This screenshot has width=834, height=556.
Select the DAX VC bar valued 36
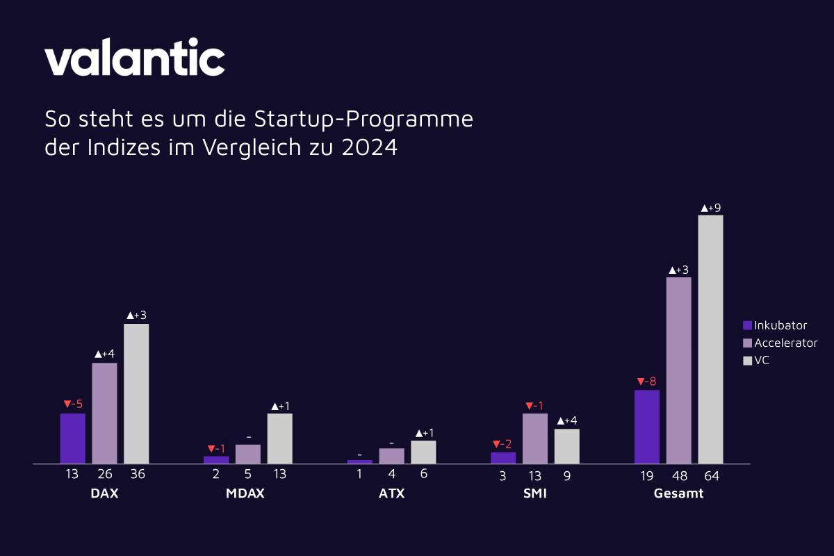tap(136, 393)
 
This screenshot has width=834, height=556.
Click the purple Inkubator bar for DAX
tap(72, 438)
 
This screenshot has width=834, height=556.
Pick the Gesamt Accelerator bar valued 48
tap(679, 370)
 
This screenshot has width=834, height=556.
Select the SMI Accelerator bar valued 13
tap(535, 438)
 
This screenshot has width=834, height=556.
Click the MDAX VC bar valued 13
tap(279, 438)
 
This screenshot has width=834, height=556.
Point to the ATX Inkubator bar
tap(359, 461)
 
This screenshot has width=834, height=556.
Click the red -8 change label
tap(646, 381)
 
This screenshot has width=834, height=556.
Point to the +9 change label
tap(710, 207)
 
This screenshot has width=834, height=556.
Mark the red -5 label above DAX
tap(72, 404)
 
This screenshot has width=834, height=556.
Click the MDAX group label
tap(245, 494)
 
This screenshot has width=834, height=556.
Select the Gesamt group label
tap(678, 494)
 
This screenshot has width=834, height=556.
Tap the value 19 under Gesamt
tap(646, 476)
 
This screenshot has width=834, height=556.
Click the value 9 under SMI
tap(566, 476)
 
